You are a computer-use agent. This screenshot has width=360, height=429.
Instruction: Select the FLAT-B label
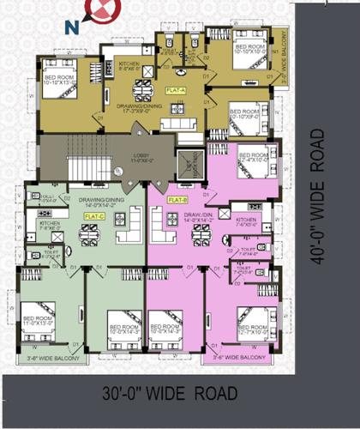pos(178,199)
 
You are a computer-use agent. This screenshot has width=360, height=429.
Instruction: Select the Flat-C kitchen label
pos(51,225)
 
